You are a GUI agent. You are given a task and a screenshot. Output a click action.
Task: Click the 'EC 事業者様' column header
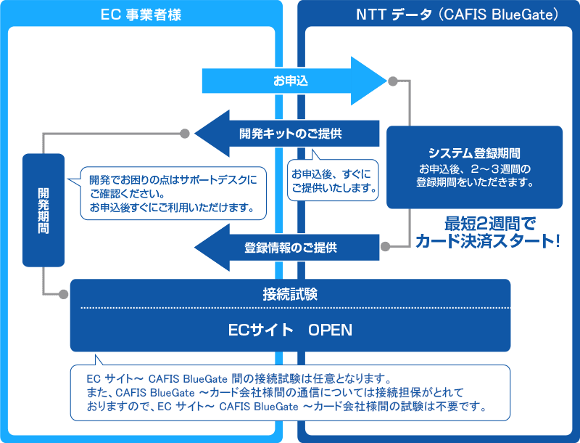pos(141,13)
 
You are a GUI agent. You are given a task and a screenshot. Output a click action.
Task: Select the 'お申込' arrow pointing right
pos(291,81)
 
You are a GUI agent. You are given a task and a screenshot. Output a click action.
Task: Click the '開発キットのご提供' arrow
pos(290,134)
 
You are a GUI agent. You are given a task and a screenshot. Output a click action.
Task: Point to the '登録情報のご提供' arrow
pos(290,247)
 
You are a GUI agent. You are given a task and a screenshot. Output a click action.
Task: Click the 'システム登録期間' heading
pos(475,153)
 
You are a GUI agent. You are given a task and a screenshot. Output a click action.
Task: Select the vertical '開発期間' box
pos(43,209)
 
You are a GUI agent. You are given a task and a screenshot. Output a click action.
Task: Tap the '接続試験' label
pos(290,294)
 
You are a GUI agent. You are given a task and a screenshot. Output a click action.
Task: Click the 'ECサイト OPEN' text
pos(290,330)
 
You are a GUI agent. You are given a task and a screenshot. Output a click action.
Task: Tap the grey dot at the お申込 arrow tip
pos(393,81)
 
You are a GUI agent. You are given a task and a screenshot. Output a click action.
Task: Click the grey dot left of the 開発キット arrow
pos(185,134)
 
